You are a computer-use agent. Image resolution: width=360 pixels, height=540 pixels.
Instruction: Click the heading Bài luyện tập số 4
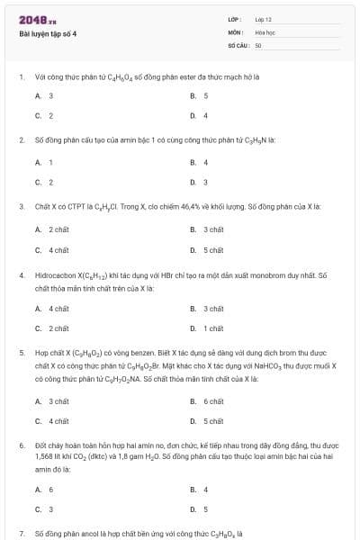(49, 33)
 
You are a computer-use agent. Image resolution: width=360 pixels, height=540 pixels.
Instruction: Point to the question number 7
(21, 534)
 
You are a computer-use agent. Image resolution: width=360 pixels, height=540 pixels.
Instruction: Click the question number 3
(21, 206)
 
